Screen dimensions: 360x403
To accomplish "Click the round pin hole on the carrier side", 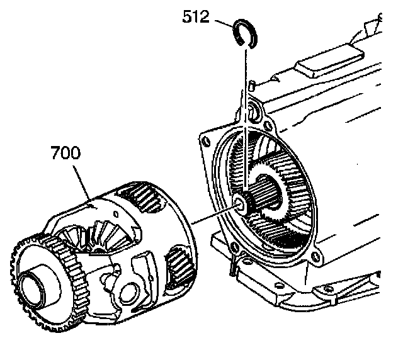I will click(x=133, y=290).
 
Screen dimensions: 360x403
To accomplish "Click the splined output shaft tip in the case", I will click(x=242, y=203).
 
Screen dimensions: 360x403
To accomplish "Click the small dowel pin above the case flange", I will click(x=250, y=84).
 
